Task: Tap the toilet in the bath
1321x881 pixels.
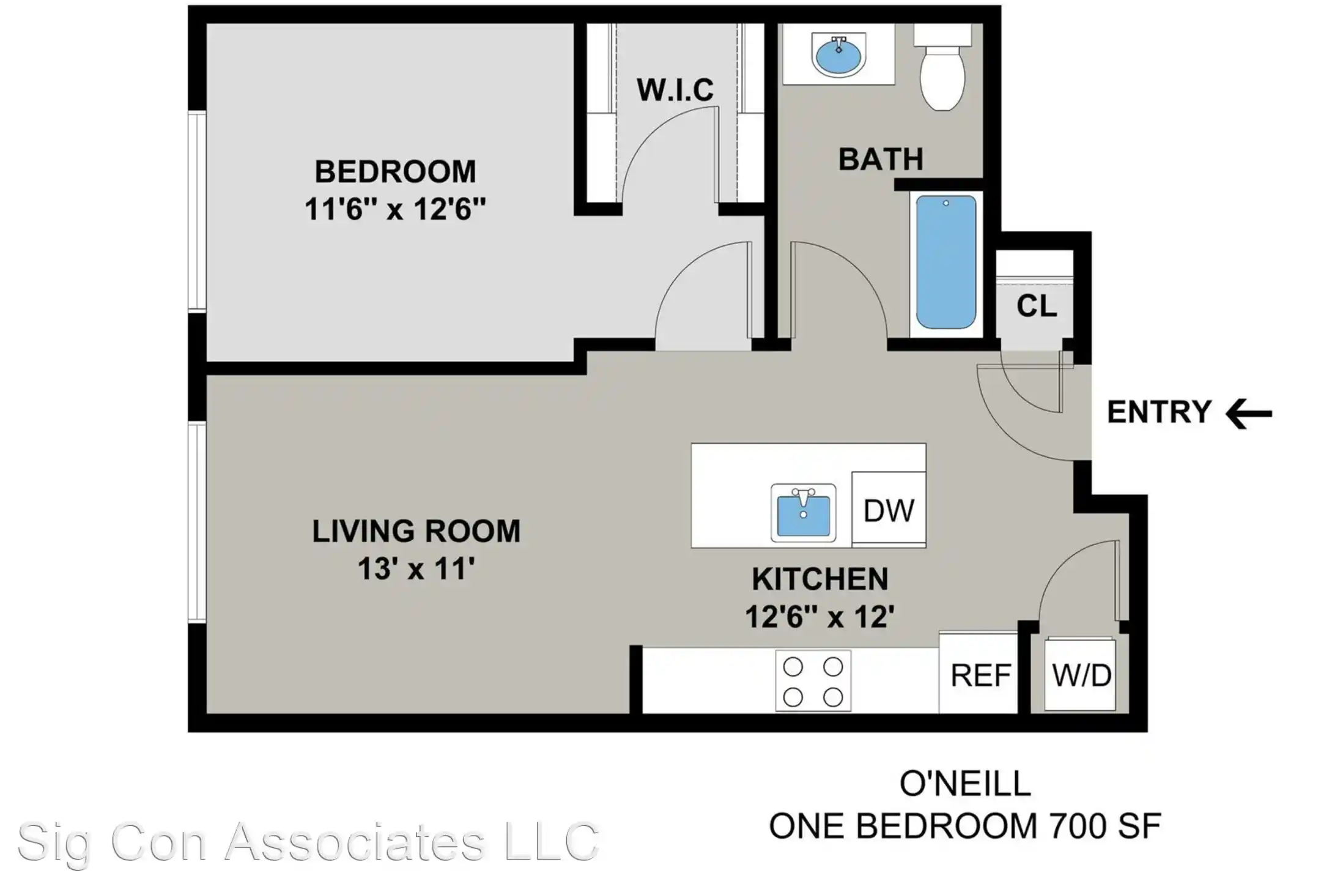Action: (x=942, y=73)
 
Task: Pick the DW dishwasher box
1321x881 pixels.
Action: (x=889, y=510)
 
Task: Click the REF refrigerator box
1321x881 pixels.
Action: (x=980, y=675)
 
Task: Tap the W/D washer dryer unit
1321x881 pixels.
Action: (x=1081, y=675)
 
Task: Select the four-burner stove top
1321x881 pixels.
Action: (x=813, y=681)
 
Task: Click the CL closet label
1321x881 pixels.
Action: (x=1036, y=306)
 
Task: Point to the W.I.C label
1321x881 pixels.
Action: (x=675, y=91)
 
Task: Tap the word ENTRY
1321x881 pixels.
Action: (x=1159, y=412)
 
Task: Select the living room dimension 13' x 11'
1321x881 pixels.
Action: (x=416, y=569)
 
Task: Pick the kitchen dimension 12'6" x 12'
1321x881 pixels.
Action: (x=820, y=617)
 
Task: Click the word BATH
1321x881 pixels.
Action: (x=881, y=160)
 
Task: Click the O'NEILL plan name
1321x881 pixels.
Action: (x=965, y=784)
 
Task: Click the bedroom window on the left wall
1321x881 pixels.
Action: (x=196, y=211)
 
